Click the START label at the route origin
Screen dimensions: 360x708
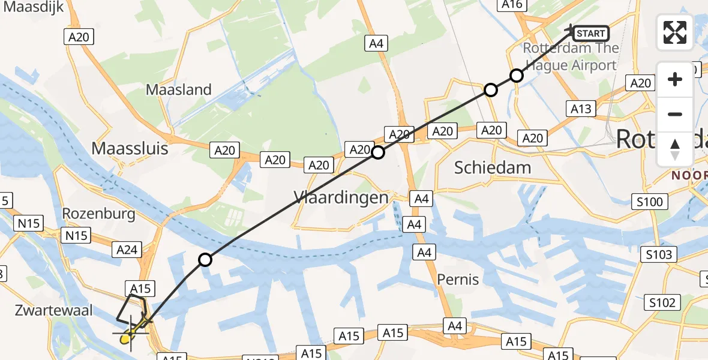[x=590, y=34]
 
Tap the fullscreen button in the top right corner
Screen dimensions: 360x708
[x=675, y=32]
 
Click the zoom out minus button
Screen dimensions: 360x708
[x=675, y=114]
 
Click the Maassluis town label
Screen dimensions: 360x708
[x=130, y=148]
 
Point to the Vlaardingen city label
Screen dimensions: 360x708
[x=341, y=197]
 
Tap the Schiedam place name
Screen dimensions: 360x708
[x=492, y=167]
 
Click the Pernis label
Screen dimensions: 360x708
[x=458, y=279]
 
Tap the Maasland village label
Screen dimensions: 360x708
[x=179, y=90]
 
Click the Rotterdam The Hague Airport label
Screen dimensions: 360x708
[x=571, y=56]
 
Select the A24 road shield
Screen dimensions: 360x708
[x=127, y=250]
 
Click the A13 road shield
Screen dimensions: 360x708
[x=581, y=109]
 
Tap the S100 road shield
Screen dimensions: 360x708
[x=649, y=202]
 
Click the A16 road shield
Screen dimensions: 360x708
[x=513, y=5]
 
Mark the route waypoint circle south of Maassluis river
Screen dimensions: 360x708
[x=205, y=260]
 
